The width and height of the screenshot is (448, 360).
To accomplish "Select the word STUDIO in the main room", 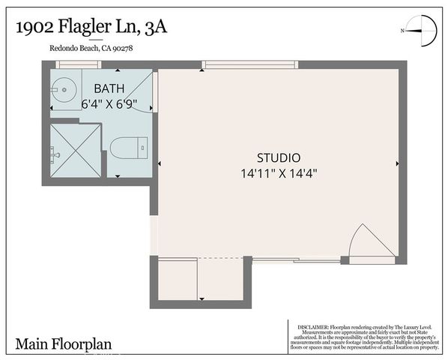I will click(x=279, y=158).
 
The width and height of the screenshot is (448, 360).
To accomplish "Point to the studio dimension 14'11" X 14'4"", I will click(x=279, y=172).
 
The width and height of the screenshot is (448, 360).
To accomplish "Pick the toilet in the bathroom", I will click(x=127, y=148).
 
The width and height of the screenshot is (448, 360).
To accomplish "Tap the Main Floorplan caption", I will click(x=63, y=344).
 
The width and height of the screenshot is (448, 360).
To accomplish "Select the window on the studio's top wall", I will click(x=250, y=65).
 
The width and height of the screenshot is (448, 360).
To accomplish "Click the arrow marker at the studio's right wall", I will click(x=396, y=162).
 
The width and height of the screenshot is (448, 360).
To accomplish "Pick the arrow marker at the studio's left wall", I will click(x=160, y=162).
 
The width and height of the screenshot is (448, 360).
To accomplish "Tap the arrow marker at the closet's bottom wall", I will click(x=201, y=299).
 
